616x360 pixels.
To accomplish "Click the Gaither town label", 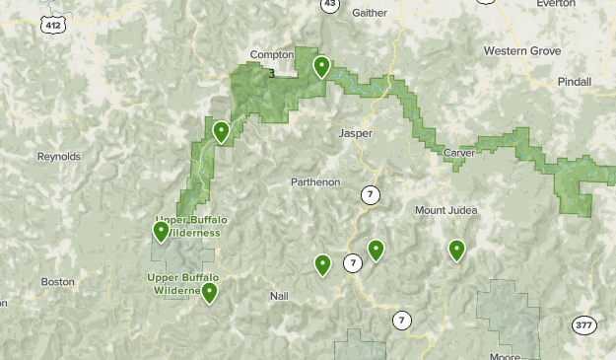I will pyautogui.click(x=369, y=12).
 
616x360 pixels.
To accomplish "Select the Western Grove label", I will pyautogui.click(x=522, y=50).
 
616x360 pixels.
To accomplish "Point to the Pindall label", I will pyautogui.click(x=574, y=81).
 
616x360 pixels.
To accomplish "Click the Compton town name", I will pyautogui.click(x=273, y=55).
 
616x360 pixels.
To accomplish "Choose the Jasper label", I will pyautogui.click(x=356, y=133).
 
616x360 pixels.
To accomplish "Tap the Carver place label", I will pyautogui.click(x=459, y=153).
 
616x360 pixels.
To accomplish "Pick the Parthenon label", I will pyautogui.click(x=316, y=181).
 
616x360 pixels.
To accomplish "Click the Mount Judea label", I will pyautogui.click(x=445, y=210).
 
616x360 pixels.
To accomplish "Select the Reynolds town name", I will pyautogui.click(x=58, y=157).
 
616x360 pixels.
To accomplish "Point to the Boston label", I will pyautogui.click(x=57, y=282).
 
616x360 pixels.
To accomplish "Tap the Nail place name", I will pyautogui.click(x=279, y=296).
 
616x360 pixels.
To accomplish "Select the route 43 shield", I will pyautogui.click(x=330, y=5).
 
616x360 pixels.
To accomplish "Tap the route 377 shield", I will pyautogui.click(x=582, y=324).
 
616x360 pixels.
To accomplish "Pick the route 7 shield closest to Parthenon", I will pyautogui.click(x=370, y=194).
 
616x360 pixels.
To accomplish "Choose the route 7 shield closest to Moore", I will pyautogui.click(x=401, y=320).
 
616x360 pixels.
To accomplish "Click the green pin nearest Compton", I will pyautogui.click(x=320, y=67).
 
